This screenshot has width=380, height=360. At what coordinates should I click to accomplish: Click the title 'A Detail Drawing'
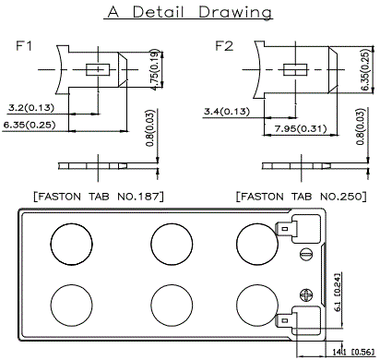(x=190, y=12)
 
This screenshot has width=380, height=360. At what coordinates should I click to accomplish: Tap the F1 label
(x=24, y=46)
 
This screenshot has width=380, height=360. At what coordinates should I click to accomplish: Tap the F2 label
(x=224, y=46)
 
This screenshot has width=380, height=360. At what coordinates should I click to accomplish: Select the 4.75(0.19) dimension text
(x=156, y=69)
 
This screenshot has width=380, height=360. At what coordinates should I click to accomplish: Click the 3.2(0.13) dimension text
(x=31, y=108)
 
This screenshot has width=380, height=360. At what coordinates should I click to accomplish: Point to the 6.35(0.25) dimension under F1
(x=30, y=125)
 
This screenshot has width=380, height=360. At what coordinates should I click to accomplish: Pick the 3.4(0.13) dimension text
(x=227, y=111)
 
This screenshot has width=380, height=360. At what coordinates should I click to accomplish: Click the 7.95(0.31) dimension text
(x=301, y=128)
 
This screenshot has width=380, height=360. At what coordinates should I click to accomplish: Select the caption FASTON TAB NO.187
(x=99, y=197)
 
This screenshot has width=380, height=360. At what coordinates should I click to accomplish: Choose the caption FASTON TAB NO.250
(x=302, y=197)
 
